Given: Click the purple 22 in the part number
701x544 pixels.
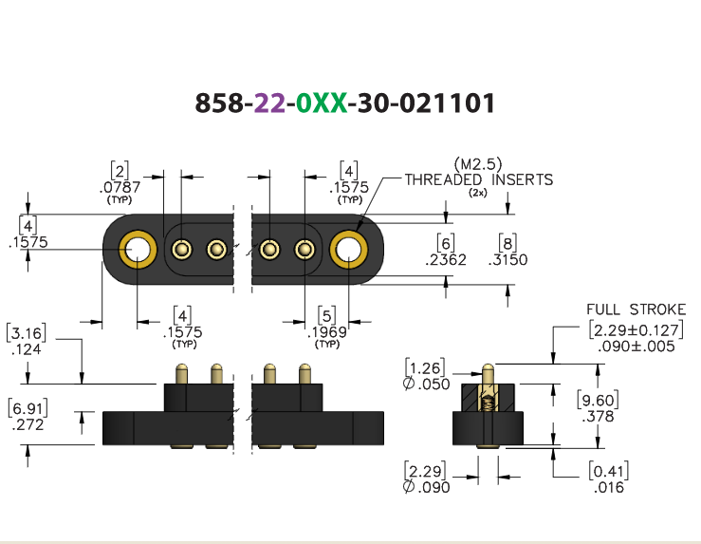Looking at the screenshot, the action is click(x=269, y=103).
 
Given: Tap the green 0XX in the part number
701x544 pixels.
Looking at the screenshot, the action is click(x=322, y=103).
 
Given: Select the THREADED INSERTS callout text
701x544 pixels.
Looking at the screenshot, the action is click(x=479, y=179).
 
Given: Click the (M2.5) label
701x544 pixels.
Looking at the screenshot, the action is click(x=478, y=164).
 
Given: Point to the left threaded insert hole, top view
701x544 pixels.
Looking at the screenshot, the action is click(x=138, y=249).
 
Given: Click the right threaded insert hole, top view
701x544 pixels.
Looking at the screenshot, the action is click(x=349, y=249).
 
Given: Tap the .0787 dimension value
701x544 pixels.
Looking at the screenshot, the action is click(x=120, y=187).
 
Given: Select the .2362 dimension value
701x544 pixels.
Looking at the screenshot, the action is click(x=446, y=259).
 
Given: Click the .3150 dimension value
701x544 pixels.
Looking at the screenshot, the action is click(x=507, y=259).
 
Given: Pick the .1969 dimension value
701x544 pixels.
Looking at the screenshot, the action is click(x=327, y=332).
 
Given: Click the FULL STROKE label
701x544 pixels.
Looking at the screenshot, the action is click(x=636, y=310).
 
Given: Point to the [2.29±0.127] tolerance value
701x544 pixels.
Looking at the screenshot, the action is click(x=636, y=330).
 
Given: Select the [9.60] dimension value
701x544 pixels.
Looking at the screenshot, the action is click(x=598, y=400).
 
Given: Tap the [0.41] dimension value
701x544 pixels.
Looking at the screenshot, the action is click(x=608, y=471).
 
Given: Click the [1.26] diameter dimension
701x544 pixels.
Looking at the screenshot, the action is click(x=425, y=367).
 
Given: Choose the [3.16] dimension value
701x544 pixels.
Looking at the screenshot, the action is click(x=27, y=333).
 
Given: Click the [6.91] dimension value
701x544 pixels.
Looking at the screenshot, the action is click(x=28, y=408).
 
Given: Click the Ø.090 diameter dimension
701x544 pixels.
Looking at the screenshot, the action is click(x=426, y=487).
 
